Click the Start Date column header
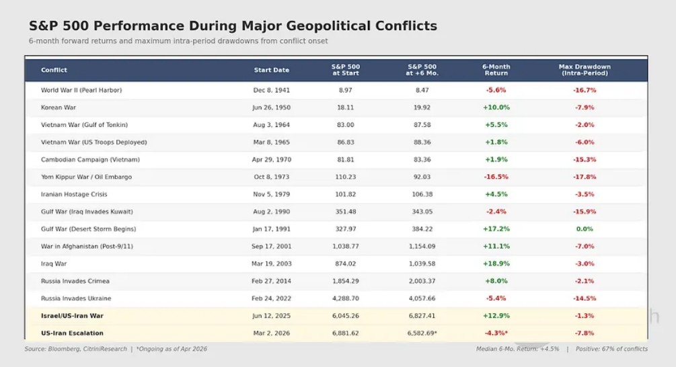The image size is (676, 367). click(271, 70)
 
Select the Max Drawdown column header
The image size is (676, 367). click(585, 70)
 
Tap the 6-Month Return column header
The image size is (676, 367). click(496, 70)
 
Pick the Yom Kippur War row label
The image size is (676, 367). click(86, 177)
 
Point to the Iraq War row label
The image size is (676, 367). click(54, 263)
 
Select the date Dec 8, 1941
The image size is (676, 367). click(271, 90)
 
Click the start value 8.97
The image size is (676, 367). click(346, 90)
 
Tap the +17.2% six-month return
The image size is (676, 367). click(496, 229)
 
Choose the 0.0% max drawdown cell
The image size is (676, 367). click(585, 229)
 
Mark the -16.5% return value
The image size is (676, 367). click(496, 177)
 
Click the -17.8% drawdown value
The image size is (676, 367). click(585, 177)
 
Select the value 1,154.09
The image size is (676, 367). click(422, 247)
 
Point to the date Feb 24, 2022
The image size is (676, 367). click(271, 298)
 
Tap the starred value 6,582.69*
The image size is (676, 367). click(422, 333)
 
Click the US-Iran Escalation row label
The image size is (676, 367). click(73, 333)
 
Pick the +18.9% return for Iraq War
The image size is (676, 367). click(496, 263)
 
